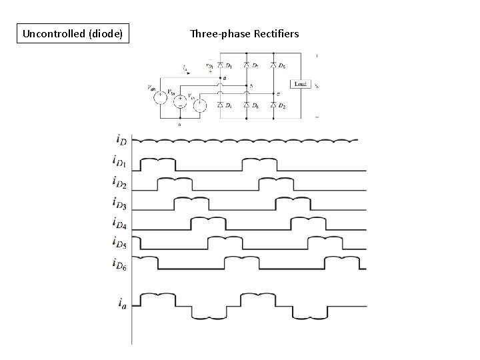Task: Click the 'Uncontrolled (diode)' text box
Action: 73,33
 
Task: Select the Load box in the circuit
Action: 301,84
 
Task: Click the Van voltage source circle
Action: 161,98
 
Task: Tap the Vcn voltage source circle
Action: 199,105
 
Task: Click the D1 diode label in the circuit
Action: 229,65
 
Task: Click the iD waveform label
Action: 121,139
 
